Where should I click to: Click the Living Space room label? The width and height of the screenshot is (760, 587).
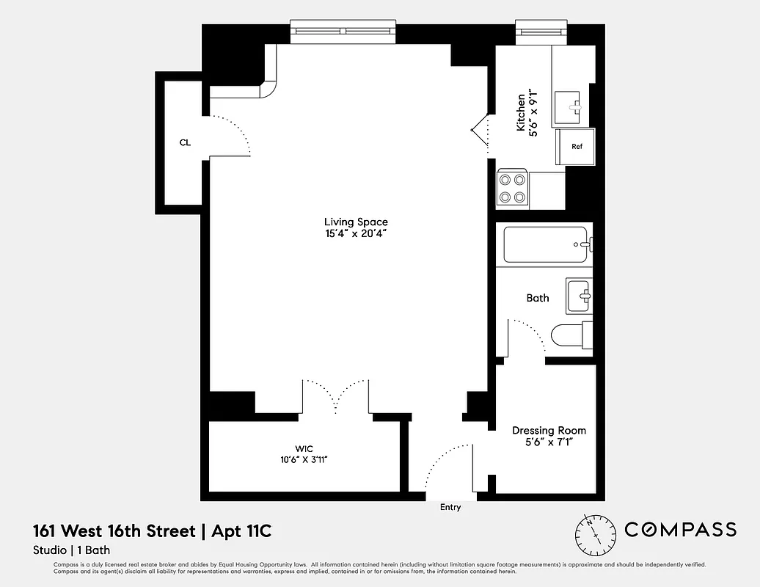click(x=356, y=222)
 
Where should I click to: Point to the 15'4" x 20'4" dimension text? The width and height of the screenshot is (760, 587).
click(x=356, y=234)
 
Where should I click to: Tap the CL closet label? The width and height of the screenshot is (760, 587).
click(x=185, y=142)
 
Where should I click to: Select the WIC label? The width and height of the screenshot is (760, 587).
click(x=304, y=448)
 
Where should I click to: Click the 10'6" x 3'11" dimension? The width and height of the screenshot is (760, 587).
click(x=304, y=459)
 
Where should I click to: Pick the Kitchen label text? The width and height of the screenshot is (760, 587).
click(x=521, y=112)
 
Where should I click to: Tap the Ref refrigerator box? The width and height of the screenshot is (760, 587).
click(x=576, y=146)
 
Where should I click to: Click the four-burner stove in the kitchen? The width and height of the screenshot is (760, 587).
click(x=512, y=187)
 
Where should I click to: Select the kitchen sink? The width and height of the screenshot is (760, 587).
click(x=568, y=107)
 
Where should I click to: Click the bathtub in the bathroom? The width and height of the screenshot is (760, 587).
click(x=545, y=244)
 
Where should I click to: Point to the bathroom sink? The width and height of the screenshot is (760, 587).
click(x=578, y=295)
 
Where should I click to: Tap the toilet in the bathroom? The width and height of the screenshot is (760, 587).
click(x=569, y=336)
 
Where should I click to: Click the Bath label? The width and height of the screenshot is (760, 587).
click(x=538, y=298)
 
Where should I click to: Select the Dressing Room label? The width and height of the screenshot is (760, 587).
click(x=549, y=431)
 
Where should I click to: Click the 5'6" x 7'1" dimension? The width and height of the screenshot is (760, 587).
click(x=549, y=442)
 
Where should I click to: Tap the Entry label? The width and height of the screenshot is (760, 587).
click(x=450, y=507)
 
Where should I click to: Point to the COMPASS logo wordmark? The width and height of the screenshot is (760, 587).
click(x=680, y=530)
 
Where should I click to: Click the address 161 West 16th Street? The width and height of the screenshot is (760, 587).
click(x=114, y=531)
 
